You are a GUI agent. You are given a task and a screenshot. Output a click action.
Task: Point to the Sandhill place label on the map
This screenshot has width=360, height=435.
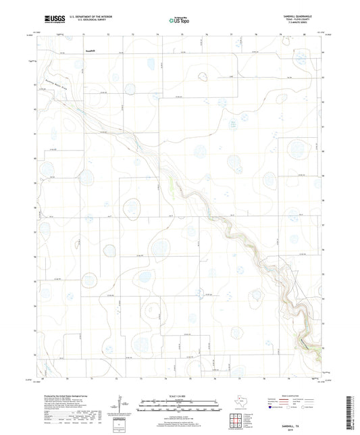[91, 49]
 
